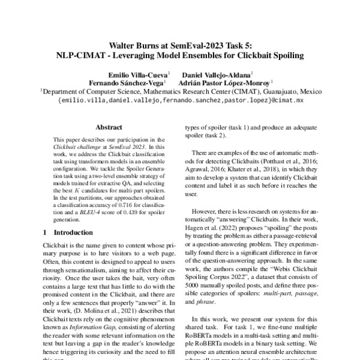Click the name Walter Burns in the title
[136, 45]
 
